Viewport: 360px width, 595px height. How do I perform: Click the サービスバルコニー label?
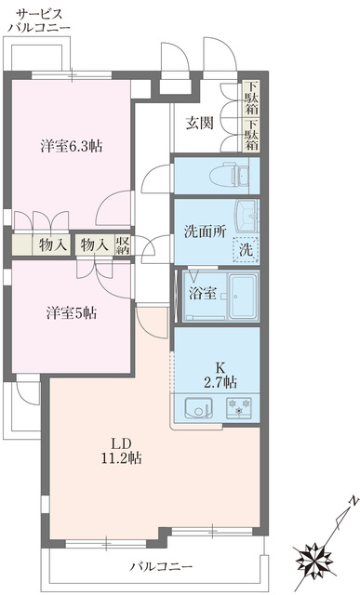point(37,20)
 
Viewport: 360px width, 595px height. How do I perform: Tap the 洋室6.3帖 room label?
point(71,147)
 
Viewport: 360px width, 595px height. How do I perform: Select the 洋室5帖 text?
point(71,313)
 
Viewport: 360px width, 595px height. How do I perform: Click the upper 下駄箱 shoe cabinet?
point(251,97)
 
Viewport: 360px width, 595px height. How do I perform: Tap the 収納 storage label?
point(124,245)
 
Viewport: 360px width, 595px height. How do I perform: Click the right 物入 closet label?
point(94,245)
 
